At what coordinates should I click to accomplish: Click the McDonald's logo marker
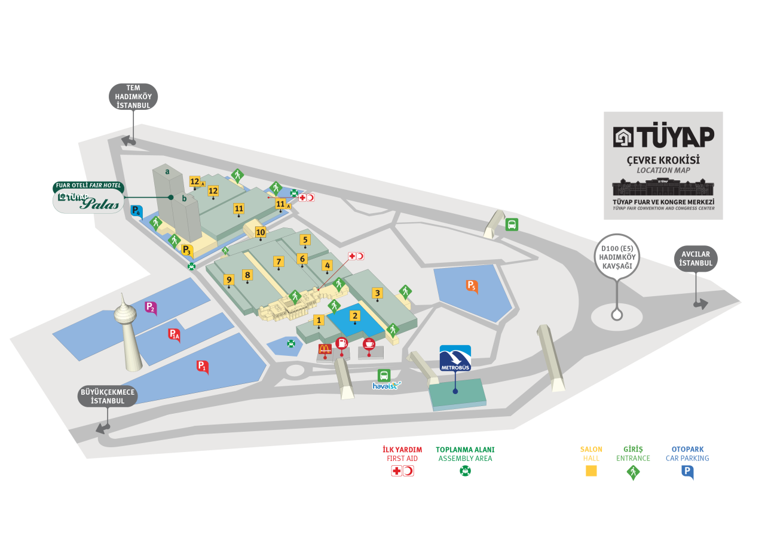[325, 349]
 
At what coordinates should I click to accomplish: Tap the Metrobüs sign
[455, 358]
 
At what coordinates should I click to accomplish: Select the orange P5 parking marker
[472, 286]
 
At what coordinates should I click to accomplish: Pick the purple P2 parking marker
[151, 308]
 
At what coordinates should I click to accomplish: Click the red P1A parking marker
[174, 335]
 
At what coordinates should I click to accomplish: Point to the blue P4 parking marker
[137, 211]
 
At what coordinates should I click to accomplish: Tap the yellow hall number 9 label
[229, 279]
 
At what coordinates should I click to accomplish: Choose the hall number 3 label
[377, 293]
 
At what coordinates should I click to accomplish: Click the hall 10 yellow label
[261, 232]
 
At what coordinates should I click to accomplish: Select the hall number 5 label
[305, 240]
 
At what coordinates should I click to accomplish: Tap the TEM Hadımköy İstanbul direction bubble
[133, 97]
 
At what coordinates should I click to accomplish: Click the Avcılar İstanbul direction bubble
[696, 259]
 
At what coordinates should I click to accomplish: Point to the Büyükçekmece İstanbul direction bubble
[108, 396]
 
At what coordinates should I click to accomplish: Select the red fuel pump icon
[341, 343]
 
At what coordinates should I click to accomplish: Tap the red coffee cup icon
[369, 344]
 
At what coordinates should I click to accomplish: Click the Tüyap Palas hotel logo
[88, 201]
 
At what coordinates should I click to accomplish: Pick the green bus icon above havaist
[384, 376]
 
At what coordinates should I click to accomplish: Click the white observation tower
[128, 333]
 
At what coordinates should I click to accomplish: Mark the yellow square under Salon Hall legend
[591, 471]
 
